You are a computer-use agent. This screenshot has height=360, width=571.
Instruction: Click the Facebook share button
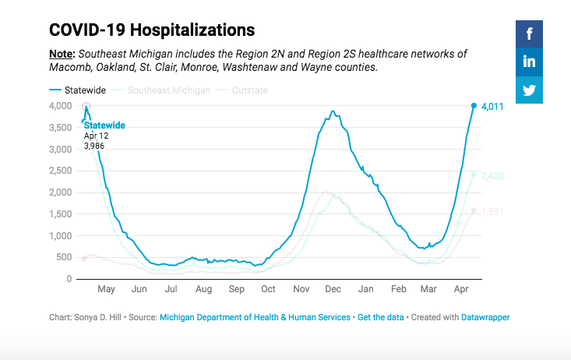point(529,34)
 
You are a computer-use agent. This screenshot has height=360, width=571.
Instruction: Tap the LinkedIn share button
point(529,62)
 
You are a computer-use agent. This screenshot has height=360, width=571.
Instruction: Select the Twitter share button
point(529,90)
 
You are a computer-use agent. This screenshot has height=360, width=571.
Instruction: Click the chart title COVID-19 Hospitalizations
point(152,30)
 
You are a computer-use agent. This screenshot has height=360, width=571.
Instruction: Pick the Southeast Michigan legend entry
point(164,90)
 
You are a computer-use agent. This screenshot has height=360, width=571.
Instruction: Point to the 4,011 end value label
point(494,106)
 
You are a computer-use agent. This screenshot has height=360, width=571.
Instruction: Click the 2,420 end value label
point(494,175)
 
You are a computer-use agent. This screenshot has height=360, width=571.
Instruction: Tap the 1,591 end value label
point(494,211)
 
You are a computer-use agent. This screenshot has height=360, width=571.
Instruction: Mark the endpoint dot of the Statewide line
point(474,105)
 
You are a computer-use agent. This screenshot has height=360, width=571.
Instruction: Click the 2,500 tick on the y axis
point(60,171)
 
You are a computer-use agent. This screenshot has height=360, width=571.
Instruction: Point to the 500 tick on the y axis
point(65,257)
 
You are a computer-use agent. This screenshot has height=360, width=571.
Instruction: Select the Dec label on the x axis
point(333,290)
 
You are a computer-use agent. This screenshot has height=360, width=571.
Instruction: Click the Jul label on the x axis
point(171,290)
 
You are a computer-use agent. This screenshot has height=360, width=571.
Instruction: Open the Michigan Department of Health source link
point(255,317)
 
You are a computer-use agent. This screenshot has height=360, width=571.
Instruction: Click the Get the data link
point(380,317)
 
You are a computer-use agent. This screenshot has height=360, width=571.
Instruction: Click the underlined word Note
point(62,54)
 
